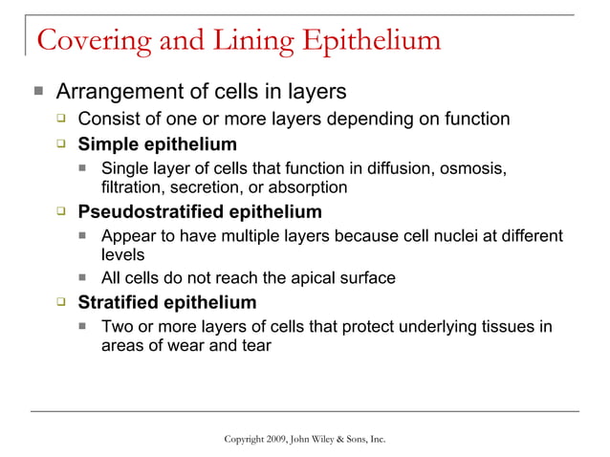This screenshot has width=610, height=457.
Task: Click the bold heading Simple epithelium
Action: [x=157, y=145]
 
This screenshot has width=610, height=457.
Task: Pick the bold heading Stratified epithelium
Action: [x=166, y=303]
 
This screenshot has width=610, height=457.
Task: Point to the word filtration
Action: [x=131, y=187]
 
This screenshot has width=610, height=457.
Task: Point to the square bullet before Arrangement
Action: [x=37, y=93]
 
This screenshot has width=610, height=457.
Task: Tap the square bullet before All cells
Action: [x=84, y=278]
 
